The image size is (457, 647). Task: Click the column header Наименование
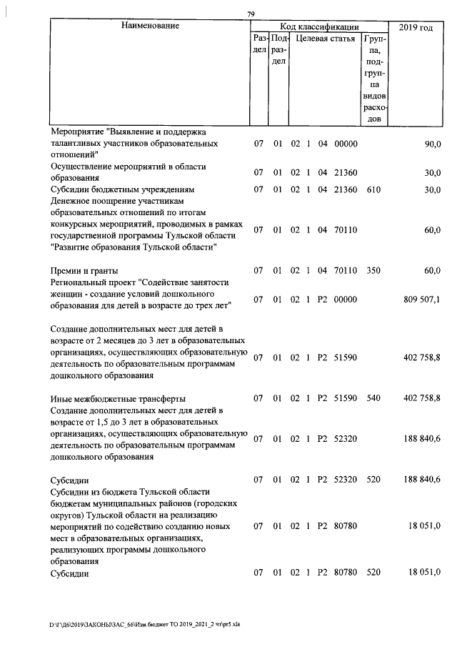coord(150,26)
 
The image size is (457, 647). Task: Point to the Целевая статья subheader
coord(326,39)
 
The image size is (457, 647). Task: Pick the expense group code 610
coord(373,189)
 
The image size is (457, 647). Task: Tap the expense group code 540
coord(373,398)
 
